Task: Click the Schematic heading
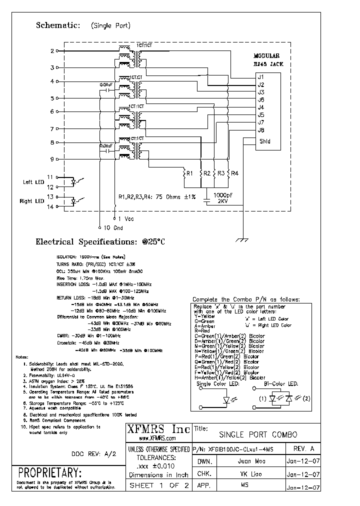pos(57,25)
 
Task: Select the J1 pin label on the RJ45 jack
pos(260,76)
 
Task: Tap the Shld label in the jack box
pos(265,141)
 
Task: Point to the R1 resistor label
pos(189,173)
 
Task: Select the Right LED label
pos(32,201)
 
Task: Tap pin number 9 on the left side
pos(52,159)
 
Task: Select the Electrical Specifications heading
pos(100,242)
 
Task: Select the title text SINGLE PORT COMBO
pos(258,434)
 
